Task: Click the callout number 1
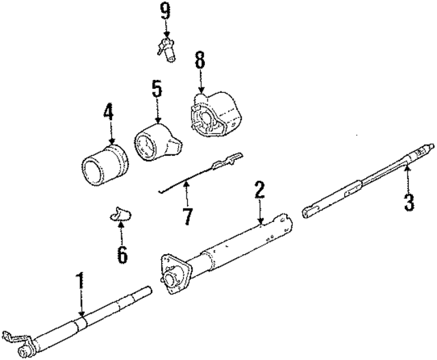click(80, 280)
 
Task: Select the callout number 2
click(259, 189)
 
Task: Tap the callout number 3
click(408, 202)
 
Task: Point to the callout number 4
click(107, 111)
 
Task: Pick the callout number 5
click(156, 89)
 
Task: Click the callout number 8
click(199, 59)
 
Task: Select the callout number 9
click(165, 11)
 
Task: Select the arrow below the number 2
click(259, 211)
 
